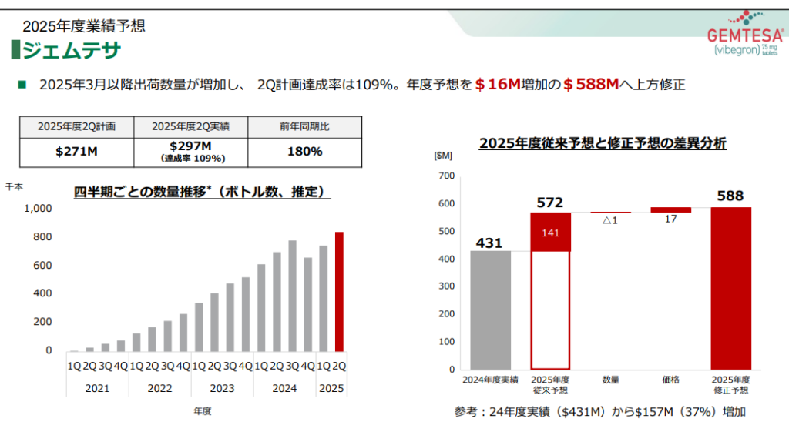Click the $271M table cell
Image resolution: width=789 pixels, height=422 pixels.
point(76,152)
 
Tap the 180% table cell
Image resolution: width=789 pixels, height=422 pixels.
point(304,152)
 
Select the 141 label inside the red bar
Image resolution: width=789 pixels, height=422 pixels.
point(549,233)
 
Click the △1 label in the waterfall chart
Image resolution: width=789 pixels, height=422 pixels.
point(609,220)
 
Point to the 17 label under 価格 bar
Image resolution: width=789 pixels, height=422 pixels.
point(670,219)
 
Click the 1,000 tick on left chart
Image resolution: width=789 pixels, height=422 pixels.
point(38,209)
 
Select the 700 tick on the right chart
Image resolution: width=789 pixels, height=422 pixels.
point(447,176)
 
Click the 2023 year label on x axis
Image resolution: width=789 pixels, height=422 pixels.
point(222,389)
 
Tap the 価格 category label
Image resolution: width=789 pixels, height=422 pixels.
point(670,380)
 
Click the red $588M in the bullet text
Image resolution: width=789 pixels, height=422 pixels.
point(592,84)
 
